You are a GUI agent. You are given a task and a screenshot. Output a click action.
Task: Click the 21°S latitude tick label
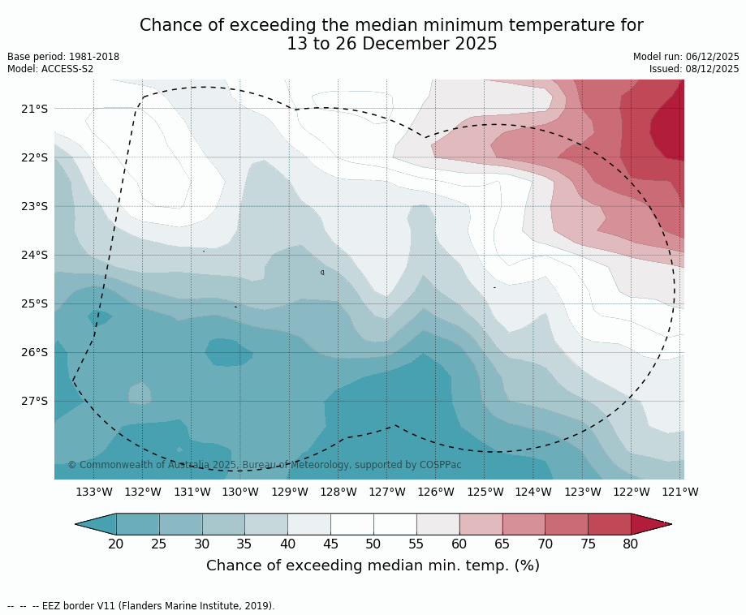point(34,109)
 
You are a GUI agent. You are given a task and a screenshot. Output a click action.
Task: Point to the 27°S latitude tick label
point(34,401)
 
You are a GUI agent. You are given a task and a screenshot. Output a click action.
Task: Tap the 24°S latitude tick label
point(34,255)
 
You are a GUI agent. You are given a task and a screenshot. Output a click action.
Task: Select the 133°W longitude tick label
point(94,492)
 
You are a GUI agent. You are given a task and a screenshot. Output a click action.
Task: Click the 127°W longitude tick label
point(387,492)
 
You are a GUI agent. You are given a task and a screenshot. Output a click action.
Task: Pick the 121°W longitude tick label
point(680,492)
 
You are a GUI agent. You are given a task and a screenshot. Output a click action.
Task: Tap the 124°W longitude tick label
point(533,492)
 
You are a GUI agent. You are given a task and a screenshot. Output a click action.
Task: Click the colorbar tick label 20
point(116,544)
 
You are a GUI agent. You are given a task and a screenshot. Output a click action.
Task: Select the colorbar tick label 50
point(373,544)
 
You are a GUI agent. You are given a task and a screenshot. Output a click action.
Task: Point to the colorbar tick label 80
point(631,544)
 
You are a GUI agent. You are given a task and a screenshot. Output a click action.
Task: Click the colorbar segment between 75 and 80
point(609,524)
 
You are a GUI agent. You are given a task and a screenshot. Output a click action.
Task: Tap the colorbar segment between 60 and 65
point(481,524)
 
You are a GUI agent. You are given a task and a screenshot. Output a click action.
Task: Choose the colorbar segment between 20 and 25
point(138,524)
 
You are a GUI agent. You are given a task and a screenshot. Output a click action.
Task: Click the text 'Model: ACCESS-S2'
point(50,69)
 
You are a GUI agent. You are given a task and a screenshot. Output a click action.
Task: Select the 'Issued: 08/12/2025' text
point(694,69)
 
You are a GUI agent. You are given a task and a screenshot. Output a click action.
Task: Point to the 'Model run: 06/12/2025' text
point(686,57)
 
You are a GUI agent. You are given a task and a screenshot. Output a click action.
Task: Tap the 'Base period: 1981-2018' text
point(63,57)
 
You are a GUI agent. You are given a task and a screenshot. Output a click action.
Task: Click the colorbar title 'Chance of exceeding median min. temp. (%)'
point(373,566)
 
